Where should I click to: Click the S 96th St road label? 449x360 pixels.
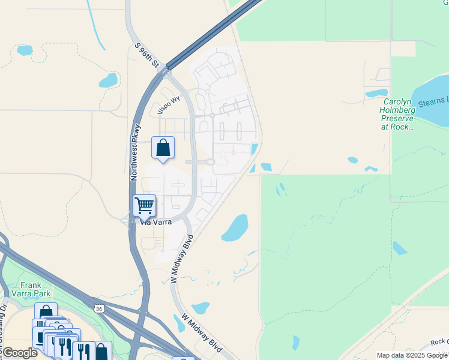[x=146, y=54]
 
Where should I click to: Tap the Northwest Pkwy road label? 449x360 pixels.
[x=136, y=152]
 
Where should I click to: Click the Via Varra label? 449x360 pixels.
[x=156, y=222]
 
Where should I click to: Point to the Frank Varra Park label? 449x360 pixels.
[x=30, y=289]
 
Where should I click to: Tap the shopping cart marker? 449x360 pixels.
[x=144, y=206]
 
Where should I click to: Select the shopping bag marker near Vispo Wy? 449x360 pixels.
[x=163, y=148]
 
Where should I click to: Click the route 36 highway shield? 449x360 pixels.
[x=98, y=308]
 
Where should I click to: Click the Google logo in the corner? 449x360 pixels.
[x=19, y=353]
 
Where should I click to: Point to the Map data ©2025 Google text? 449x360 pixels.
[x=412, y=355]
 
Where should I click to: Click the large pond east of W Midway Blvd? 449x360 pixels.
[x=235, y=228]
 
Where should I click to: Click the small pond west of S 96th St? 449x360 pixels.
[x=108, y=80]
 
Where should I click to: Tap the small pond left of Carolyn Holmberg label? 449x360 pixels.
[x=376, y=94]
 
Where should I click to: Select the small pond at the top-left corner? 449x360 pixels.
[x=25, y=50]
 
